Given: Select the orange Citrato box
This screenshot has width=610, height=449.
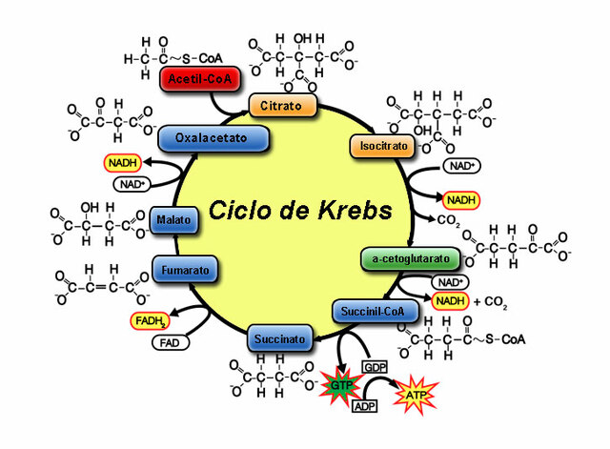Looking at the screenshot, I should (x=282, y=103).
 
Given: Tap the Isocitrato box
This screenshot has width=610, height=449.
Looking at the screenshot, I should (x=382, y=147).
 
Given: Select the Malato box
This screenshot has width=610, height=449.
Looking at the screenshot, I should (x=173, y=220).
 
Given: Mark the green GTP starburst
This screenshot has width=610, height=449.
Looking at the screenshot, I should (x=336, y=386).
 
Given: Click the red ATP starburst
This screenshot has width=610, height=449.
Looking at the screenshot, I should (x=416, y=394).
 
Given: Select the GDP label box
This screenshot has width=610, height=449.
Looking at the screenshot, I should (x=373, y=367).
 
